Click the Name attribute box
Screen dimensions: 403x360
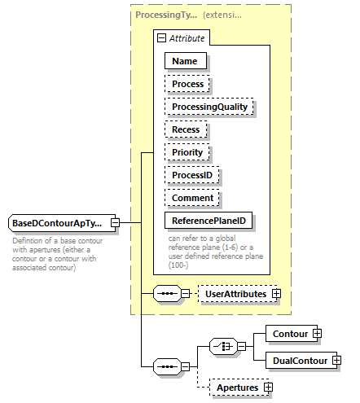point(186,60)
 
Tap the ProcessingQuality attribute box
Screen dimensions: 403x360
point(209,107)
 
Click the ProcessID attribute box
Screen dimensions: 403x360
point(193,175)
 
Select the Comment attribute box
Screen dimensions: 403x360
point(193,198)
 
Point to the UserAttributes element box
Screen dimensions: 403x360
point(235,293)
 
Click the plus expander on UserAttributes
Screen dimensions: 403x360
point(277,293)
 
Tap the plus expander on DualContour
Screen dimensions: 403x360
point(336,360)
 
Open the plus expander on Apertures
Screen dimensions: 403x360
point(268,388)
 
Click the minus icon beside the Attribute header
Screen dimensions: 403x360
point(163,37)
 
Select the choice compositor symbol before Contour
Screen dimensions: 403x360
point(222,346)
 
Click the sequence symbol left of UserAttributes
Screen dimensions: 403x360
point(166,293)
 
